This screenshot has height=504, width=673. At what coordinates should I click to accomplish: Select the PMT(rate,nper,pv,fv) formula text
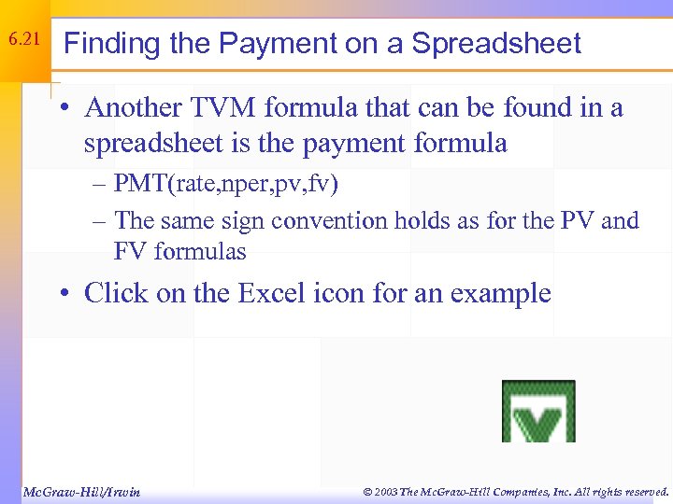pos(226,184)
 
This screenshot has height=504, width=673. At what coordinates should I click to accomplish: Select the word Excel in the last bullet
pos(276,293)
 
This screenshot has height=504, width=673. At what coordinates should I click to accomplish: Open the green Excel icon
pos(537,411)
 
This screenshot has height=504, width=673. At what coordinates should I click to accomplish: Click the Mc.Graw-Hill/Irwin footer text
pos(80,491)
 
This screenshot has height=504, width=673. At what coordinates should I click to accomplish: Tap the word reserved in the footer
pos(644,491)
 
